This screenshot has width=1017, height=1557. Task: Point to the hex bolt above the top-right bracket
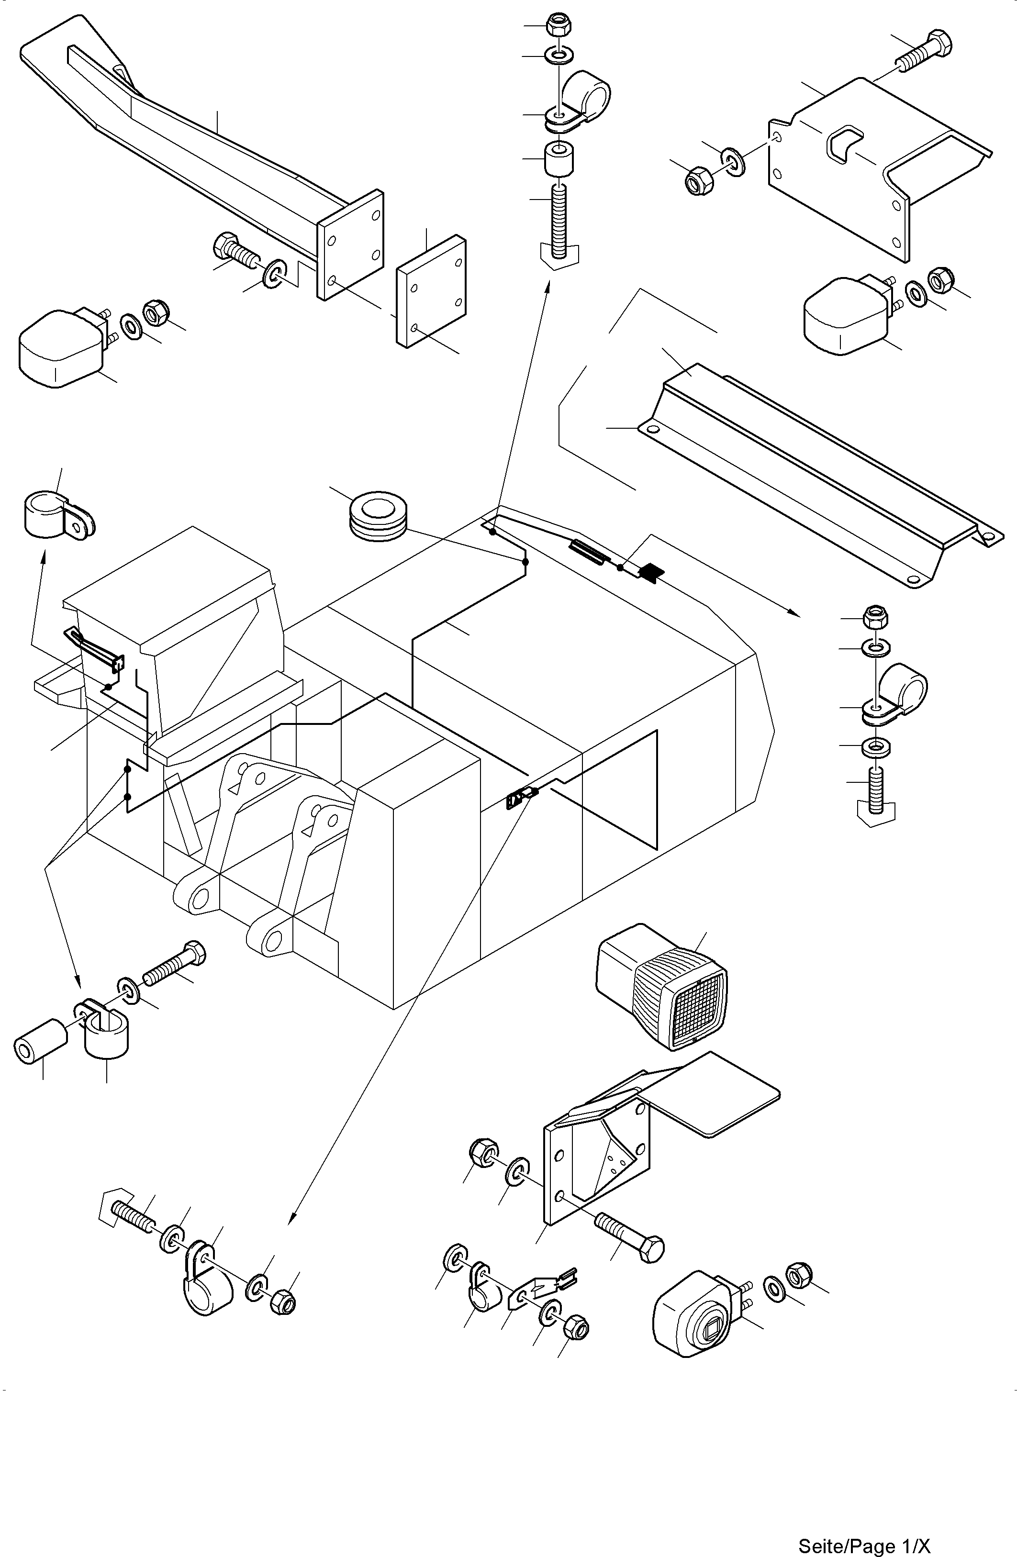(x=923, y=50)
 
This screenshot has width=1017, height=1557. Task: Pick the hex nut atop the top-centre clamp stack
(x=559, y=25)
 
